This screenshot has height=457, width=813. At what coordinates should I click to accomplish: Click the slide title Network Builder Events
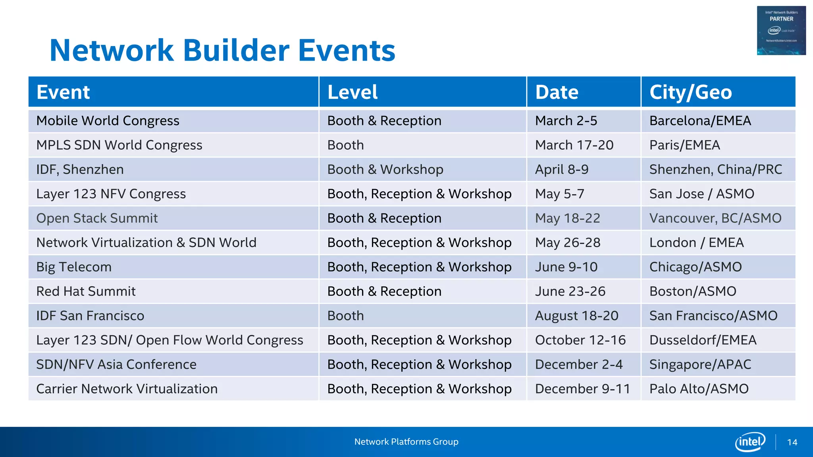click(x=222, y=50)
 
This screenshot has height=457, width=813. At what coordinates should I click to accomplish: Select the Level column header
click(x=353, y=92)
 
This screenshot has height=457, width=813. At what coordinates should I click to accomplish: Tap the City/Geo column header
click(x=690, y=92)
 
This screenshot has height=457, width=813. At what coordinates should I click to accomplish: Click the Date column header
click(x=557, y=92)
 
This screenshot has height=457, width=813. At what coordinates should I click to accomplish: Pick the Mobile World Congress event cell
click(x=108, y=121)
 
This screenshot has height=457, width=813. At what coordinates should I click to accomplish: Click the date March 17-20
click(x=574, y=145)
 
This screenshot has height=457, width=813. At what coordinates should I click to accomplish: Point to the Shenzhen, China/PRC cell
click(x=715, y=169)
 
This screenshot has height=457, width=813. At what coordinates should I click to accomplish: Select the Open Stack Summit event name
click(x=97, y=218)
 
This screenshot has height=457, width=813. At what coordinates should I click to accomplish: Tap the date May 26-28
click(x=568, y=242)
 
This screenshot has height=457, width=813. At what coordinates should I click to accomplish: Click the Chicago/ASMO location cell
click(x=695, y=267)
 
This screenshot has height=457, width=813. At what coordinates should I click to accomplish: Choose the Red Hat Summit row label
click(x=86, y=291)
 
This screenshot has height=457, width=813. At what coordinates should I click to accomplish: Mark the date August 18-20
click(x=576, y=316)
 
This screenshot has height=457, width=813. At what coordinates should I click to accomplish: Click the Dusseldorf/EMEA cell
click(x=703, y=340)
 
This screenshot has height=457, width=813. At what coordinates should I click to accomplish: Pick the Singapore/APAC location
click(x=700, y=365)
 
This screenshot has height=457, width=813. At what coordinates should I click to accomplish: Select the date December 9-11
click(x=582, y=389)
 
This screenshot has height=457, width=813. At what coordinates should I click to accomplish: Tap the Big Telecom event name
click(x=74, y=267)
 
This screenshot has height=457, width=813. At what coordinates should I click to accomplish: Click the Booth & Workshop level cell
click(x=385, y=169)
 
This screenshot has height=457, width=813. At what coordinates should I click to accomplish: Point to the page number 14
click(x=792, y=442)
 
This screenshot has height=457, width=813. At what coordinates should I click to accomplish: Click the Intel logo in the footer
click(x=750, y=442)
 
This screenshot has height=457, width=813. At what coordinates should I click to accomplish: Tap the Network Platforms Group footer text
click(x=406, y=442)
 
